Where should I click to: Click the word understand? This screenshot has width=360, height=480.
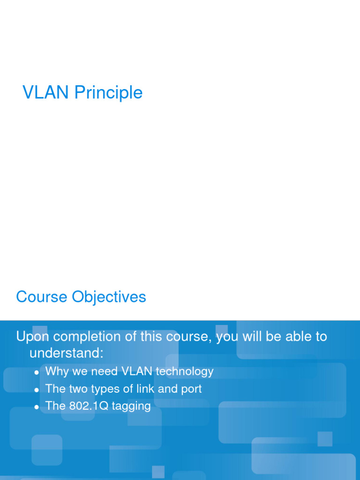pos(66,352)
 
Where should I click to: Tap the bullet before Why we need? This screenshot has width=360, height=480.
pos(37,373)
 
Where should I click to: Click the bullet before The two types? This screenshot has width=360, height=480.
pos(37,390)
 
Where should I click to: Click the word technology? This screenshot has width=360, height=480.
pos(185,372)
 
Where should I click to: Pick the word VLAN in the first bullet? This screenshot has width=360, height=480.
pos(137,371)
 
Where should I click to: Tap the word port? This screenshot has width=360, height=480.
pos(191,390)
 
